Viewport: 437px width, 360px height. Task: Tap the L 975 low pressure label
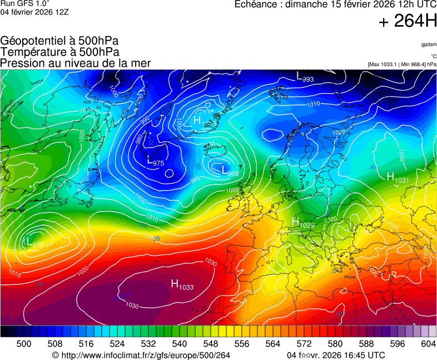pos(155,162)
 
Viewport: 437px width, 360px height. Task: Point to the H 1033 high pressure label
pos(182,286)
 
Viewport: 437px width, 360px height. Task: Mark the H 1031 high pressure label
pos(398,178)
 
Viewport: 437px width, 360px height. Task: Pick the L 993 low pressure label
pos(305,77)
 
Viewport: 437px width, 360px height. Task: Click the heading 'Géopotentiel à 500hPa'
pos(59,41)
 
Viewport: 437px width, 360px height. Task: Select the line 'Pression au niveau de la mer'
pos(76,63)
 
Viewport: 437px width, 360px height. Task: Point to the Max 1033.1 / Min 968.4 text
pos(402,64)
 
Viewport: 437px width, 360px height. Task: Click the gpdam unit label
pos(428,44)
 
